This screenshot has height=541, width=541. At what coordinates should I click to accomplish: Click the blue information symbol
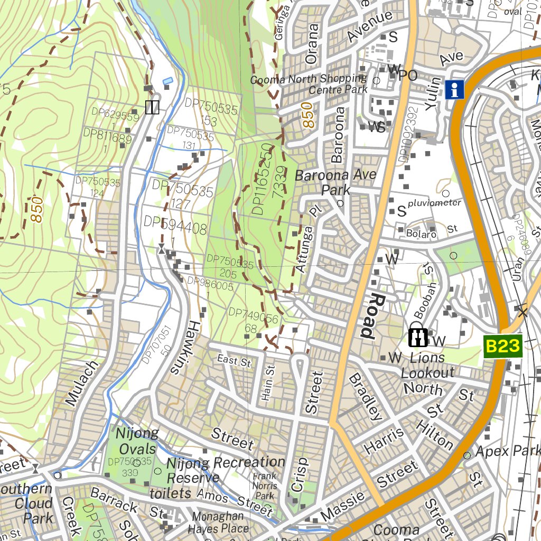click(x=454, y=89)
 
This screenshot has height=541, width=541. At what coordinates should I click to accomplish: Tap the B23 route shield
click(x=503, y=347)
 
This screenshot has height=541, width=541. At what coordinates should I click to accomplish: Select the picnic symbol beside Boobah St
click(x=418, y=337)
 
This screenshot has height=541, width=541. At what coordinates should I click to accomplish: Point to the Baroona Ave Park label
click(x=335, y=182)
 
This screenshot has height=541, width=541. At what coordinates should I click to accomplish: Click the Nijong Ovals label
click(x=137, y=441)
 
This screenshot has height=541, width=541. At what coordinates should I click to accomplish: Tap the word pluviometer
click(x=435, y=203)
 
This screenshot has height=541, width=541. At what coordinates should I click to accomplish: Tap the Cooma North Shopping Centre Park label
click(x=309, y=84)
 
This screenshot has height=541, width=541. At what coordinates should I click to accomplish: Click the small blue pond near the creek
click(x=167, y=81)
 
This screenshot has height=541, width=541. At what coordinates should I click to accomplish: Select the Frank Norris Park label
click(x=264, y=486)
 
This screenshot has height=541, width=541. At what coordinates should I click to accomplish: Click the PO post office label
click(x=407, y=75)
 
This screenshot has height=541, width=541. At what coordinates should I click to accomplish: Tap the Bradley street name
click(x=365, y=397)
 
